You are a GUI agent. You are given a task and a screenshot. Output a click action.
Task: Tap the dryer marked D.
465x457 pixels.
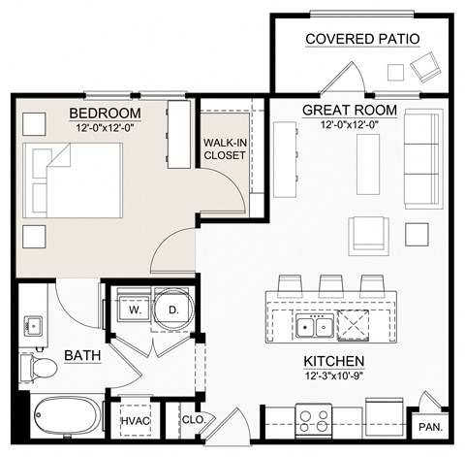point(172,310)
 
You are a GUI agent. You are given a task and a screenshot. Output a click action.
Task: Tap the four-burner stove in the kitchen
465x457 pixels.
point(313,419)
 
